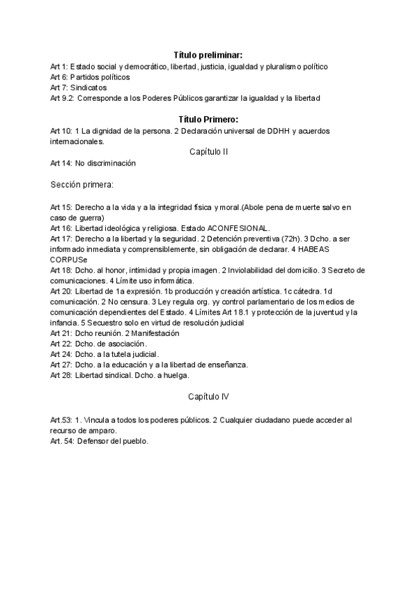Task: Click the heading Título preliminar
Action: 208,55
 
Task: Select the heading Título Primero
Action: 208,120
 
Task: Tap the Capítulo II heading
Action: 209,151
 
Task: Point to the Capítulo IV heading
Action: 209,396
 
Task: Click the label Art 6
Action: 58,77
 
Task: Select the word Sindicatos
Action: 88,88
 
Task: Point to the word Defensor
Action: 93,441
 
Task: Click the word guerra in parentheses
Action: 88,218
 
